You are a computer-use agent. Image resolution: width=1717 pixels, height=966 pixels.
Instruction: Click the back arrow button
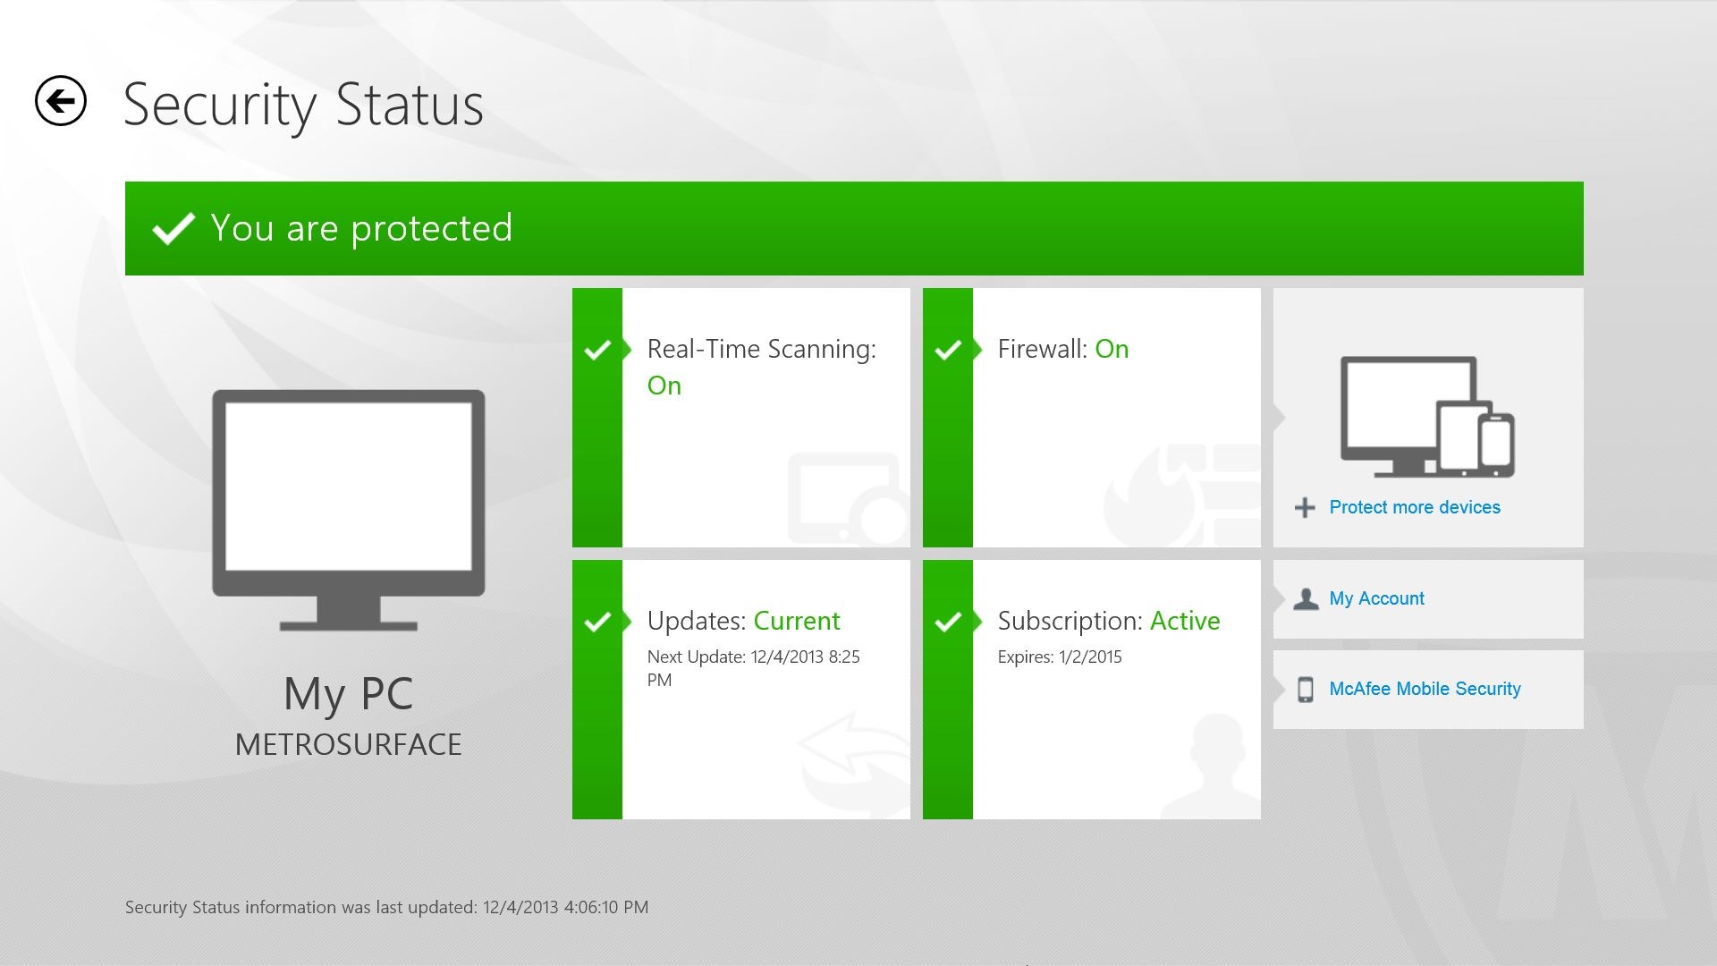click(61, 101)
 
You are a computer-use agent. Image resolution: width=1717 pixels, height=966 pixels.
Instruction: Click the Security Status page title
click(303, 106)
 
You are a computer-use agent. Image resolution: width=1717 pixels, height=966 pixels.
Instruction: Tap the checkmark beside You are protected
click(173, 228)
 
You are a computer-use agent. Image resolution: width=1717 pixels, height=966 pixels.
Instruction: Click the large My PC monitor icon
click(349, 510)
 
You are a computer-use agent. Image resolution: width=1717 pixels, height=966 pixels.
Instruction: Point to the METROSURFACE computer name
click(349, 744)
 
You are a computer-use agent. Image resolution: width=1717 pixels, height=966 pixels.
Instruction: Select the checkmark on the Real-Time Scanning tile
click(597, 350)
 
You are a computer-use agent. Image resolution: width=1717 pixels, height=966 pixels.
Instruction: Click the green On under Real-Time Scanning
click(664, 386)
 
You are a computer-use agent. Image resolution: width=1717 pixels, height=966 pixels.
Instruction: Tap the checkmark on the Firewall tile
click(948, 350)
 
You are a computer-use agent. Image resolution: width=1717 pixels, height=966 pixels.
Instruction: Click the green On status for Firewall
click(1112, 349)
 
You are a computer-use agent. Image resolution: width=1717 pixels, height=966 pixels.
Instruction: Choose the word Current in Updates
click(797, 621)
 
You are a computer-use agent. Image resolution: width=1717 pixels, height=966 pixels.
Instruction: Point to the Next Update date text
click(754, 668)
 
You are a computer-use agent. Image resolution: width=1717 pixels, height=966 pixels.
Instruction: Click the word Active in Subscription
click(1185, 621)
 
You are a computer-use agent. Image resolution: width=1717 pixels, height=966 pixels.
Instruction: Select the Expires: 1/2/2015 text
click(1060, 657)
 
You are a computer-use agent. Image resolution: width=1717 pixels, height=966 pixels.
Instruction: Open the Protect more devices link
click(1415, 507)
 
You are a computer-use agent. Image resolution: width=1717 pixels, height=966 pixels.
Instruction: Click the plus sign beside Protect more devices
click(1305, 508)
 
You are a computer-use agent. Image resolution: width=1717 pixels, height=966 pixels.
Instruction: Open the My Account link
click(1376, 598)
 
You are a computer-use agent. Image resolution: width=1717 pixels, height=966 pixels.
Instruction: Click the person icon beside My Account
click(1306, 599)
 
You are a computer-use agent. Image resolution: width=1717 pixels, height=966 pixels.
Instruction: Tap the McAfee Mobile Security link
click(1425, 689)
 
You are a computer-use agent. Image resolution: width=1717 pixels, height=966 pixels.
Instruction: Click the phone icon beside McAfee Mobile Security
click(1306, 690)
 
